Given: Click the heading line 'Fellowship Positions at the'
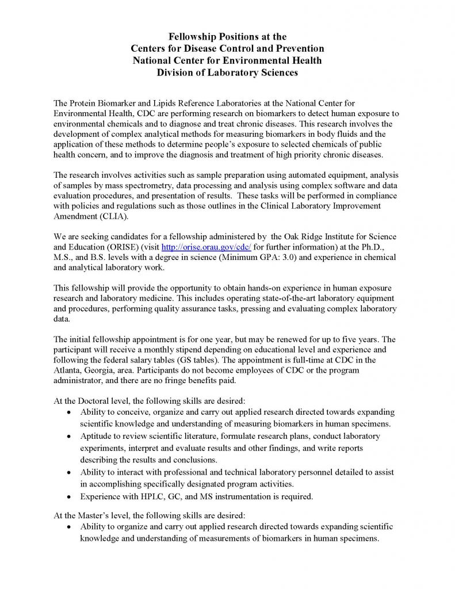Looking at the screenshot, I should click(x=228, y=37).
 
